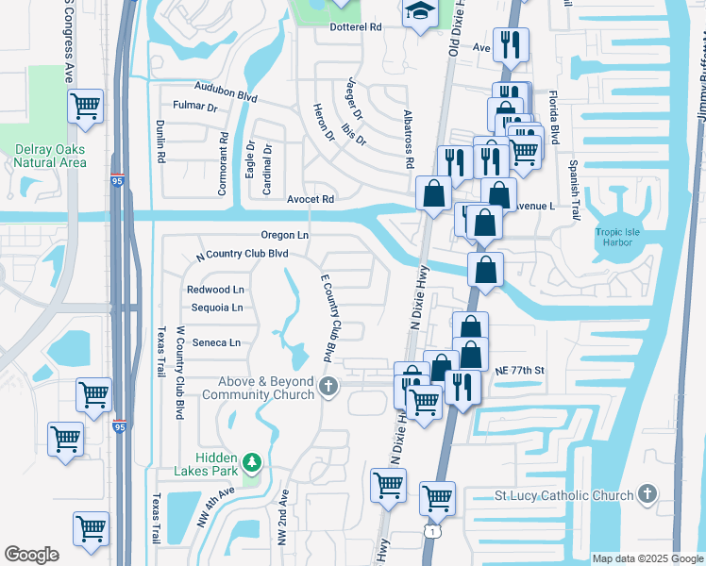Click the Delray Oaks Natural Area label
(x=51, y=156)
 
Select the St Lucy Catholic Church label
(x=564, y=495)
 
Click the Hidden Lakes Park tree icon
(x=251, y=461)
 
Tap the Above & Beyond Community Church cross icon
(x=328, y=385)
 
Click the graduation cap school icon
(x=417, y=12)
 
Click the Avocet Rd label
(x=311, y=199)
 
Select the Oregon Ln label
(x=285, y=235)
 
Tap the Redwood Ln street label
(x=215, y=289)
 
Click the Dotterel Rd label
(x=355, y=27)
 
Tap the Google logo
(x=31, y=555)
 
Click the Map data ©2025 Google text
(x=646, y=558)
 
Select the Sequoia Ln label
(x=216, y=308)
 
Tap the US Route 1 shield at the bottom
(x=431, y=532)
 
